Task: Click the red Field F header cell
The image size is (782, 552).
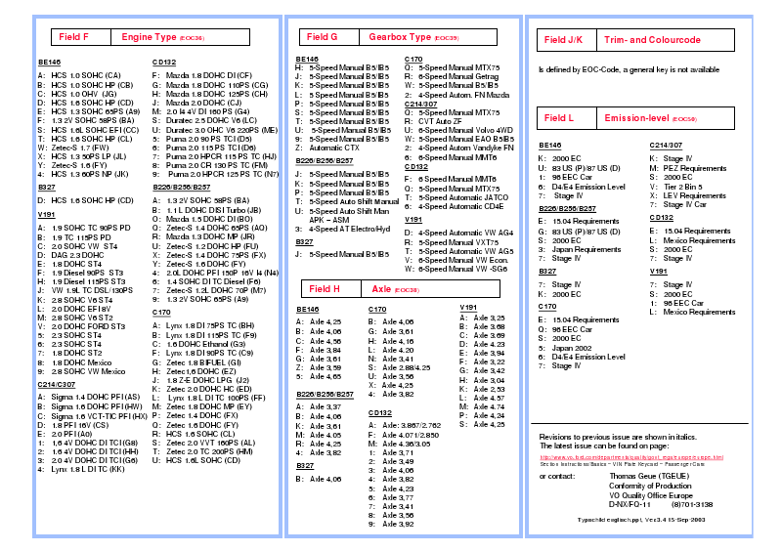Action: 73,37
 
